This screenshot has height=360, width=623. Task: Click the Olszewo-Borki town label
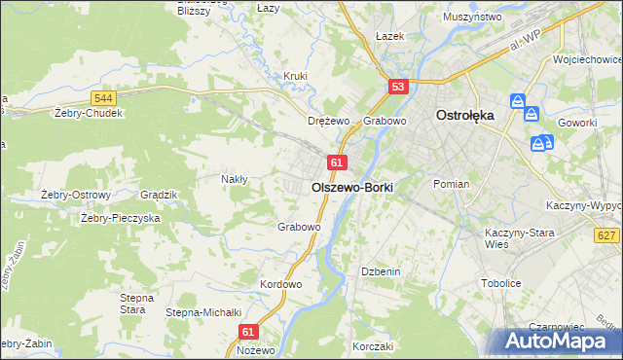351,185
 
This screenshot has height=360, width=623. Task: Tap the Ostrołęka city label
464,114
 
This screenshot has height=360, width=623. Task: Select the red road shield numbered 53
397,87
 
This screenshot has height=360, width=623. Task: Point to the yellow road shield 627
607,235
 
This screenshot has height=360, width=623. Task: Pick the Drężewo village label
328,121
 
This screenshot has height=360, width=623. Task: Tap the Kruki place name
295,76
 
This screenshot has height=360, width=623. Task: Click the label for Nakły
235,179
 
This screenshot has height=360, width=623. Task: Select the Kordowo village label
281,284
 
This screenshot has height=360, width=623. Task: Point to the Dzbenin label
381,271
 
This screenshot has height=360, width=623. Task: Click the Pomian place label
452,184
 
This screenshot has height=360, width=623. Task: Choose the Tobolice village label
502,283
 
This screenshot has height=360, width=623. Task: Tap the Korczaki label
373,346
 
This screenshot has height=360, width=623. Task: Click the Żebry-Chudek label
90,112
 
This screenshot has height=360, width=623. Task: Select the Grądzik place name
158,195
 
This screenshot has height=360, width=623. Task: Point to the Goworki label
578,123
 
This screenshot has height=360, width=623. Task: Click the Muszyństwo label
471,18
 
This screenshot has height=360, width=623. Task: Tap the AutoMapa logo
555,341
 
